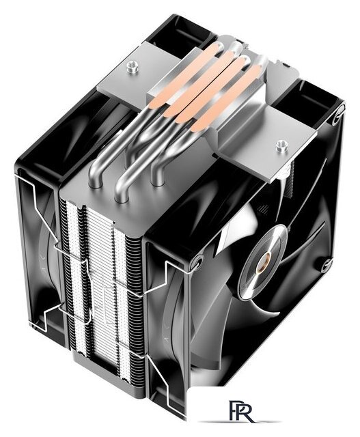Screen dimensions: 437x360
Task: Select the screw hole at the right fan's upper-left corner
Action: click(x=197, y=262)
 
